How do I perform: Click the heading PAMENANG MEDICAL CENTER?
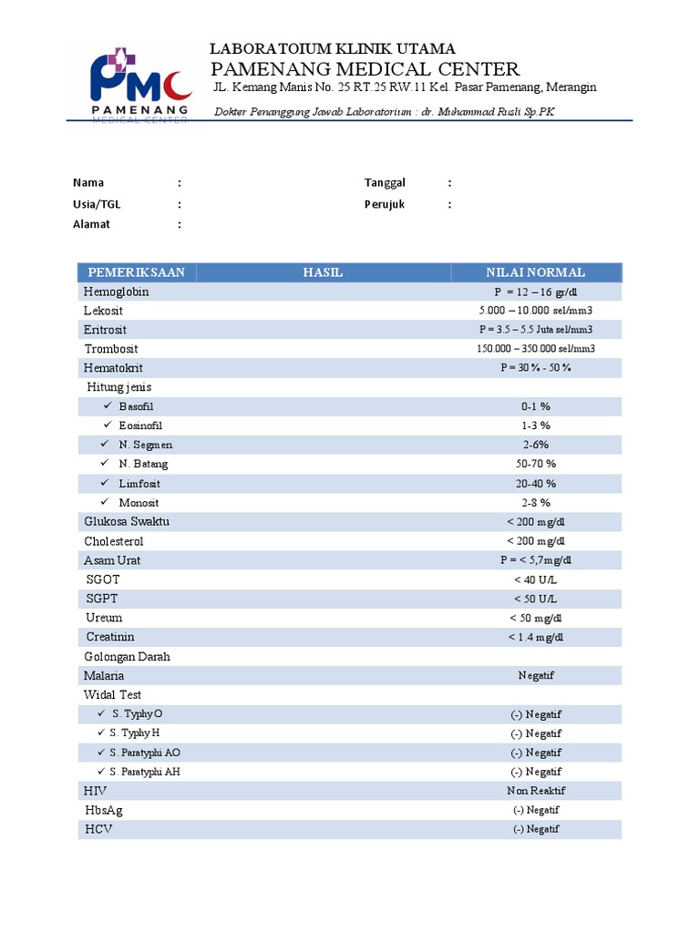[x=365, y=69]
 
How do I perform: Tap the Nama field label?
[x=88, y=183]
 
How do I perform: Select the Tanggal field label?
[x=385, y=183]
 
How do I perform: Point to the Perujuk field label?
[x=385, y=204]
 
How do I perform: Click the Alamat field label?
[x=91, y=224]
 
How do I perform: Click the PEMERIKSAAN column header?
[x=137, y=272]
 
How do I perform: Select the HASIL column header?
[x=323, y=272]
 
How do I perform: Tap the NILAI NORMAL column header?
[x=536, y=272]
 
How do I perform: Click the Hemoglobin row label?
[x=117, y=292]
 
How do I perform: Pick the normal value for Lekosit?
[x=535, y=311]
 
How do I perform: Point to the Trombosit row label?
[x=113, y=349]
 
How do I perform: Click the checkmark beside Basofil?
[x=107, y=405]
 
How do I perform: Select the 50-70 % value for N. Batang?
[x=536, y=464]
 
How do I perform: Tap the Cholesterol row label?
[x=114, y=541]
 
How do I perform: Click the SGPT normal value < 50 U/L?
[x=535, y=599]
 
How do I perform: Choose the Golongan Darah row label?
[x=127, y=657]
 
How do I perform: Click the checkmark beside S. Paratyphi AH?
[x=101, y=772]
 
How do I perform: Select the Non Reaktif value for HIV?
[x=535, y=791]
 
